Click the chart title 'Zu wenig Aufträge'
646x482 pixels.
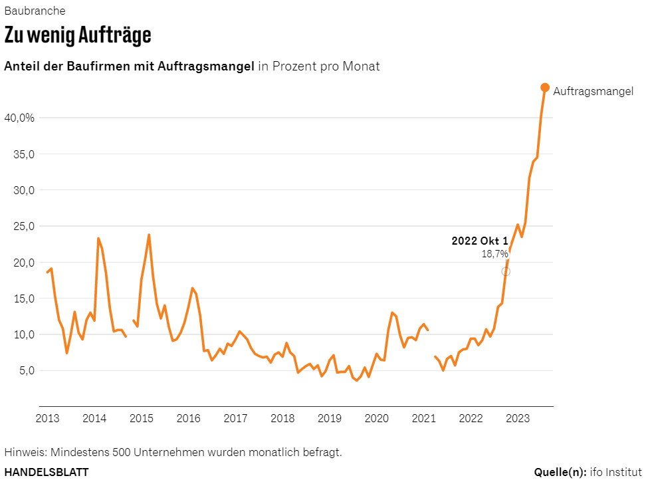click(x=78, y=35)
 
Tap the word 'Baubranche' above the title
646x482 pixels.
click(x=35, y=11)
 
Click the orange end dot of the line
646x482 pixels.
click(x=545, y=88)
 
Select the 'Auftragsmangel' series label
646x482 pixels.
click(x=593, y=92)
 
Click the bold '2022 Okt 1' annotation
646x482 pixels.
click(x=479, y=241)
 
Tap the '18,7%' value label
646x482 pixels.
click(x=494, y=254)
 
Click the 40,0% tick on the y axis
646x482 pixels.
click(x=19, y=118)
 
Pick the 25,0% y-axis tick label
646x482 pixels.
click(x=19, y=226)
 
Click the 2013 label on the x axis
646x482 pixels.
click(x=47, y=418)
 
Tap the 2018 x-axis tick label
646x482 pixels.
click(x=282, y=418)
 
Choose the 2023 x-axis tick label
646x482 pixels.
click(x=518, y=418)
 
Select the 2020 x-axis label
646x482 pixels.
click(x=377, y=418)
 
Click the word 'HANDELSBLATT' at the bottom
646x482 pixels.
click(x=47, y=472)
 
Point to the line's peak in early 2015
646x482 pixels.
click(x=149, y=234)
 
